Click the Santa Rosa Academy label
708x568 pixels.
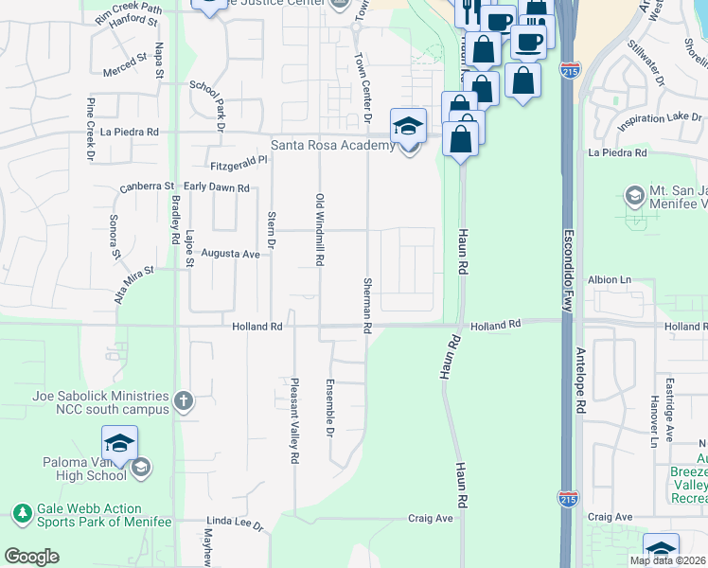pyautogui.click(x=332, y=145)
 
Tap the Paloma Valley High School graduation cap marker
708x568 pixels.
pyautogui.click(x=119, y=443)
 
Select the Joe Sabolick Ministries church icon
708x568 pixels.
pyautogui.click(x=184, y=401)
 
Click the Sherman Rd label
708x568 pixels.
pyautogui.click(x=366, y=304)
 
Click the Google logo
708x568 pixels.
pyautogui.click(x=31, y=557)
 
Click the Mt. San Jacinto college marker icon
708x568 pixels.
pyautogui.click(x=634, y=197)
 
